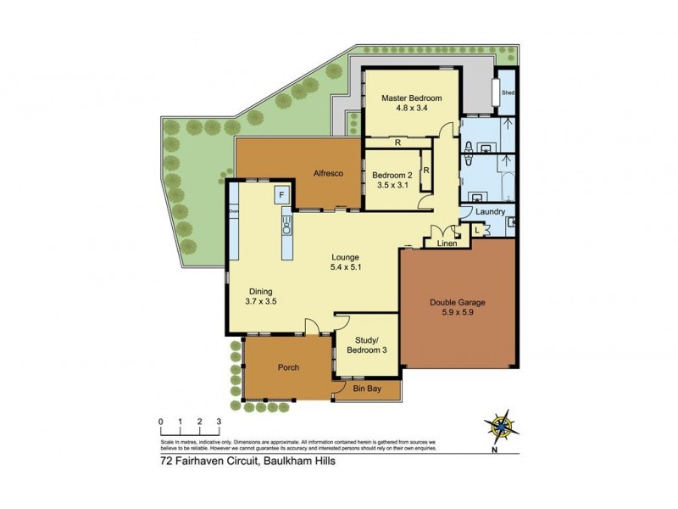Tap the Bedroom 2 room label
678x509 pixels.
pos(392,175)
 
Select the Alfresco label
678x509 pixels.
pos(327,173)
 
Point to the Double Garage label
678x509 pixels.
pos(458,302)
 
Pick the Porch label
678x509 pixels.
pos(289,367)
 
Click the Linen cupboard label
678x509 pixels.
pos(447,244)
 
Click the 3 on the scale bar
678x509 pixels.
pos(219,422)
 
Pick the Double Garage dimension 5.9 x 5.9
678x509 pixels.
pos(458,312)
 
